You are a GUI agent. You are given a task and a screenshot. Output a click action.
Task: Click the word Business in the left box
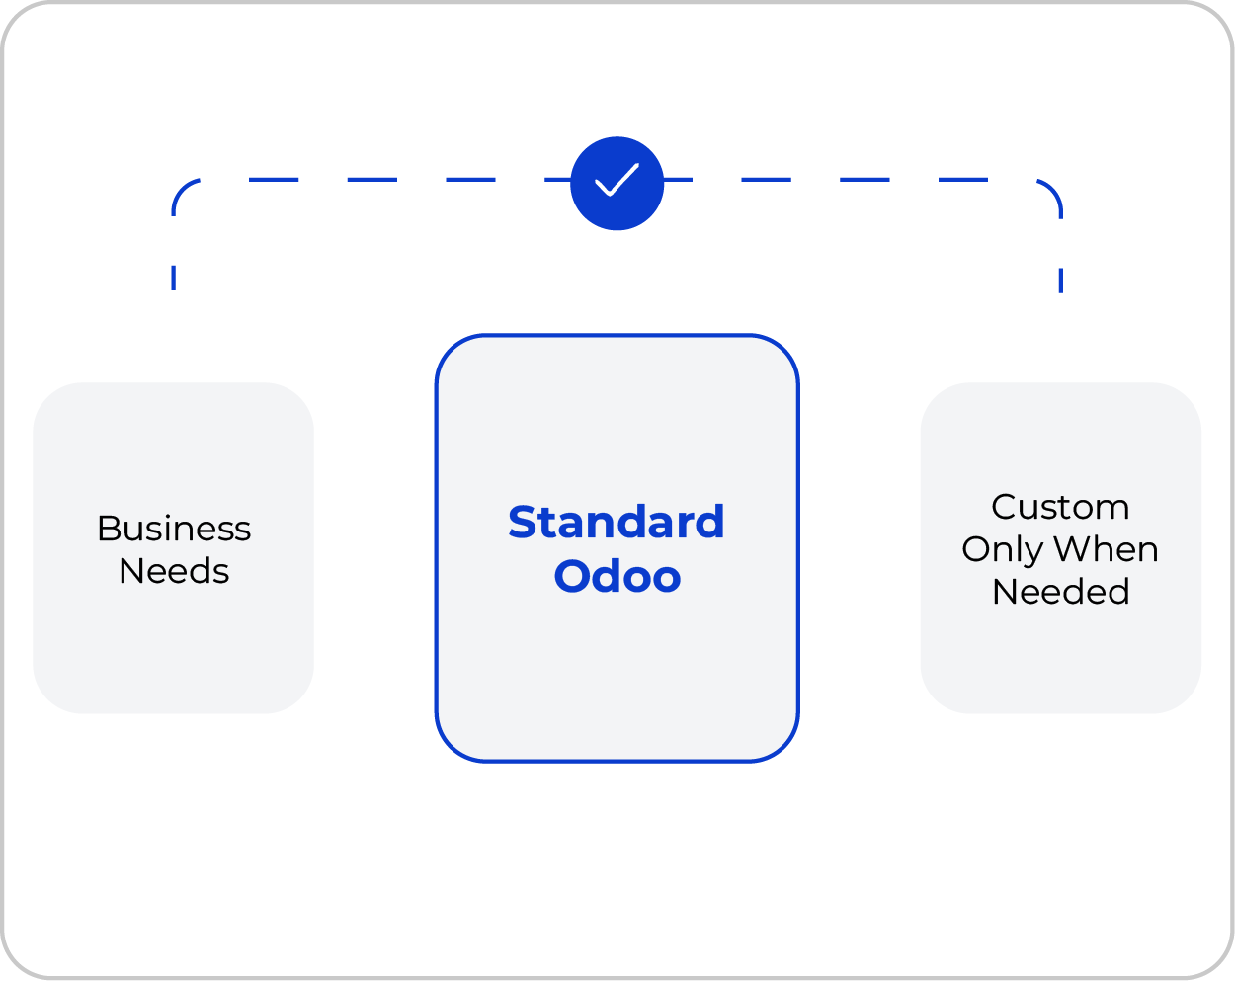coord(174,529)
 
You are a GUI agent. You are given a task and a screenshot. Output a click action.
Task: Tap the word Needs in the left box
coord(174,571)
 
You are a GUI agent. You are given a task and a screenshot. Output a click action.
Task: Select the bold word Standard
coord(617,522)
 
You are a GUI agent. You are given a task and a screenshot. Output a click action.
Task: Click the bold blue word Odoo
coord(617,576)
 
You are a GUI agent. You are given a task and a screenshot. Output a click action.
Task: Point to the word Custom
coord(1060,507)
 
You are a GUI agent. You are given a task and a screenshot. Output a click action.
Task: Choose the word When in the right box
coord(1106,548)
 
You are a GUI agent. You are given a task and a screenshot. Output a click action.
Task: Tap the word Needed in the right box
coord(1060,591)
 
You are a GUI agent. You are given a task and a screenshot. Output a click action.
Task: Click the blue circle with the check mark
coord(617,183)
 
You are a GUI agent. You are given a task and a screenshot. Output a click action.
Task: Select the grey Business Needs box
coord(173,548)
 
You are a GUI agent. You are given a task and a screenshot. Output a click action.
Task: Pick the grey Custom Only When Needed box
coord(1061,548)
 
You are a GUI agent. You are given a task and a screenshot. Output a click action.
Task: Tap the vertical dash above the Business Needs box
coord(173,278)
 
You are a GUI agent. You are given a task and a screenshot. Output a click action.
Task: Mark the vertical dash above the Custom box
coord(1061,281)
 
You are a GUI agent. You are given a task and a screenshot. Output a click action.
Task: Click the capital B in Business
coord(109,529)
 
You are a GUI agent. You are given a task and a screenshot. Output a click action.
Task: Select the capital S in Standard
coord(523,523)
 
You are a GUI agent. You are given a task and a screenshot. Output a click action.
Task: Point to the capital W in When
coord(1073,548)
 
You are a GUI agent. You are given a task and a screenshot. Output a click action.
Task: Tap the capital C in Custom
coord(1004,507)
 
